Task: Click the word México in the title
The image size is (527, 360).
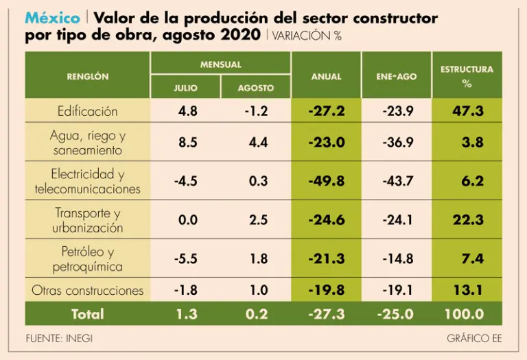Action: coord(51,18)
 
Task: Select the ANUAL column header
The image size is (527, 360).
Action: coord(326,77)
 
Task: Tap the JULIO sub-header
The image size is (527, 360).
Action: coord(185,88)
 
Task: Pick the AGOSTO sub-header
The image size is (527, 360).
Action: coord(256,88)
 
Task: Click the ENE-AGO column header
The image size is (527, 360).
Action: coord(396,77)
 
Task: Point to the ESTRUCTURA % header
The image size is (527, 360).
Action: coord(467,76)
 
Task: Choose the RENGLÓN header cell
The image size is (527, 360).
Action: coord(88,77)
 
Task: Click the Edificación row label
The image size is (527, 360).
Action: coord(88,111)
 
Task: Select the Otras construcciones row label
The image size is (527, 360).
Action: coord(88,290)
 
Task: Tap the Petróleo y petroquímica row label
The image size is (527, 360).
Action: coord(88,259)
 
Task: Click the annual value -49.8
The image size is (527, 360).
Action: coord(326,181)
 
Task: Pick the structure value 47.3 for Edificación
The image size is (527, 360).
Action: coord(468,111)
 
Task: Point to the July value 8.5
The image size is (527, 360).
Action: coord(187,143)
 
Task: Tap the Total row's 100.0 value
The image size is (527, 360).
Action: coord(464,315)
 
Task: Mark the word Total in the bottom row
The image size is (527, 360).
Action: coord(88,315)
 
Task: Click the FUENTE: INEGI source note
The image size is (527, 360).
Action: coord(59,339)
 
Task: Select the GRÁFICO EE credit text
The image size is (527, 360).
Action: coord(474,339)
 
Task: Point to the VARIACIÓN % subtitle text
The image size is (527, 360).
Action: coord(307,36)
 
